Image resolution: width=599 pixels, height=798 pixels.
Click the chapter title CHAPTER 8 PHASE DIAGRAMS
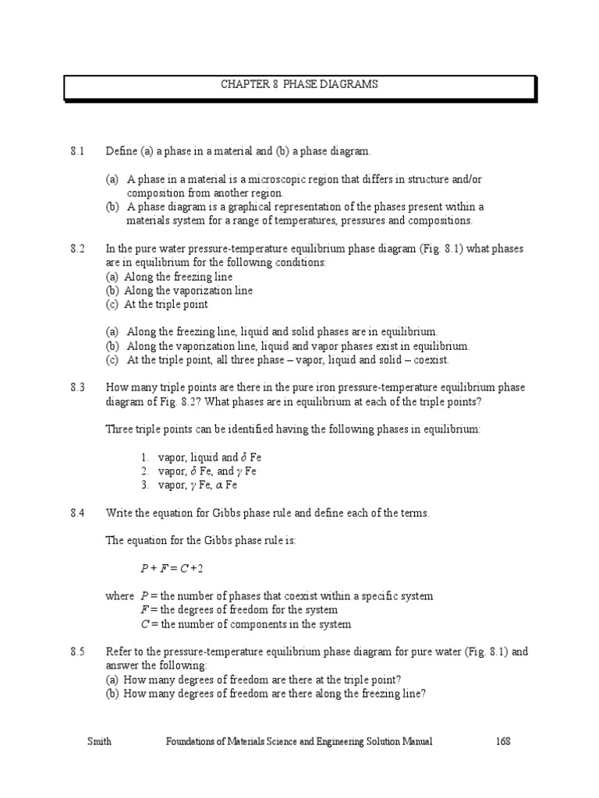(299, 84)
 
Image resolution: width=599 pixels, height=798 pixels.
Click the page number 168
(502, 742)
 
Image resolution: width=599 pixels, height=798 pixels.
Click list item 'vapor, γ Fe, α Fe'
(198, 485)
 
